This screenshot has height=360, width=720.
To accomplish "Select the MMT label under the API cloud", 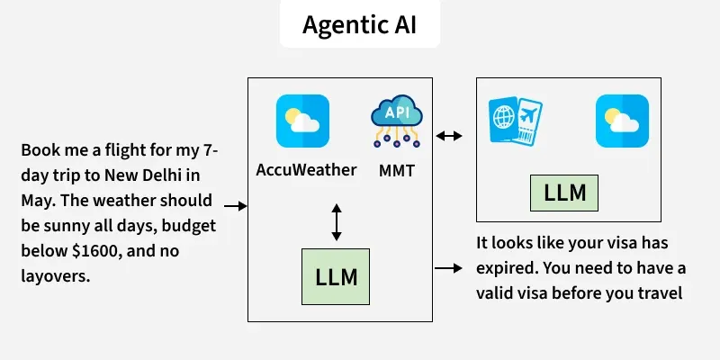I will click(x=397, y=169).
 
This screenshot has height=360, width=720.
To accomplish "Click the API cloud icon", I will click(x=397, y=125).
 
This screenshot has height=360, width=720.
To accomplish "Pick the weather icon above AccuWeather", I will click(x=302, y=121).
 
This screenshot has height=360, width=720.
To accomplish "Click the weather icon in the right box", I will click(x=622, y=121).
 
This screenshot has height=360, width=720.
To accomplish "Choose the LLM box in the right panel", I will click(x=564, y=193).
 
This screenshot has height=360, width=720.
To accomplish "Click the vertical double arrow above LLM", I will click(x=337, y=222).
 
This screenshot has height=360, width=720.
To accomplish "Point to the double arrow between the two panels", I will click(x=449, y=137).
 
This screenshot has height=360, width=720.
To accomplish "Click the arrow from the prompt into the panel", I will click(x=235, y=206).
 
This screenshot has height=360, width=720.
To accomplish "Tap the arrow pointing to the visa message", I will click(x=447, y=267).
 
